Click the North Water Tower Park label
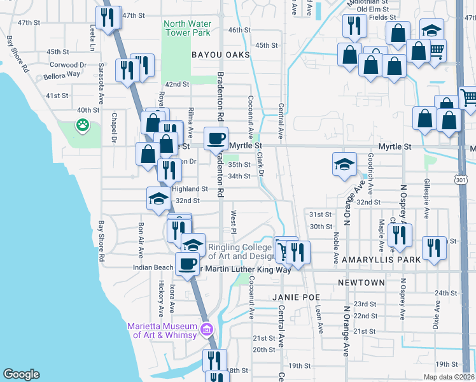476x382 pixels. click(x=187, y=28)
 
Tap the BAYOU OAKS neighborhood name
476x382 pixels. click(x=221, y=55)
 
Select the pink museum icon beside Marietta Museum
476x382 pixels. click(x=206, y=329)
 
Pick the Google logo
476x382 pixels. click(x=22, y=374)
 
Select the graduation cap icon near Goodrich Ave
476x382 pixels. click(x=344, y=164)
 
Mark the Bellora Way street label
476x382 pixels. click(x=62, y=75)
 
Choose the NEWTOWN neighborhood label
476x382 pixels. click(x=361, y=283)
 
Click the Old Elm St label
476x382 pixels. click(x=372, y=10)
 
